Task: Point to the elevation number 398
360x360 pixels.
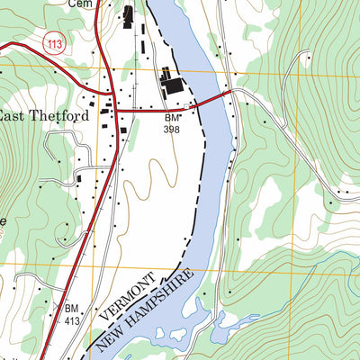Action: [172, 130]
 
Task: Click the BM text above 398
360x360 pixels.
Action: [172, 119]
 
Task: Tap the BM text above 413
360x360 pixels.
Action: [72, 307]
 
